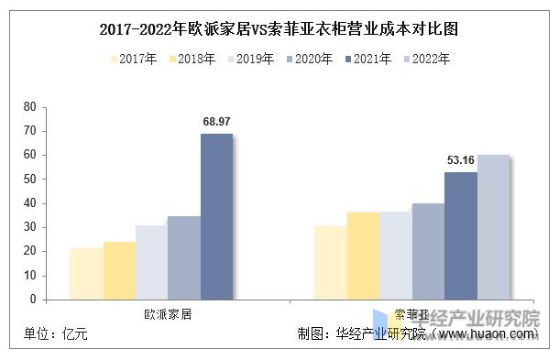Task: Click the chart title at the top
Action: (x=279, y=28)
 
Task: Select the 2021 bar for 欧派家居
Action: (x=216, y=216)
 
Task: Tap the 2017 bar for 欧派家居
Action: (x=86, y=273)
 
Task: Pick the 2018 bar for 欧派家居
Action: (x=119, y=270)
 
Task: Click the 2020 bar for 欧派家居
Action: (x=183, y=257)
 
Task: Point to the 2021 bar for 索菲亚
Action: (x=461, y=235)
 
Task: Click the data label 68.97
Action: (x=216, y=121)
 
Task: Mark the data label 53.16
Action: (x=461, y=160)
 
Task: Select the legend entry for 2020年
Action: (x=307, y=60)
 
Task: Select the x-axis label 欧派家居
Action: (x=168, y=313)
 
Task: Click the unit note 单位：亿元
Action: (x=57, y=335)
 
